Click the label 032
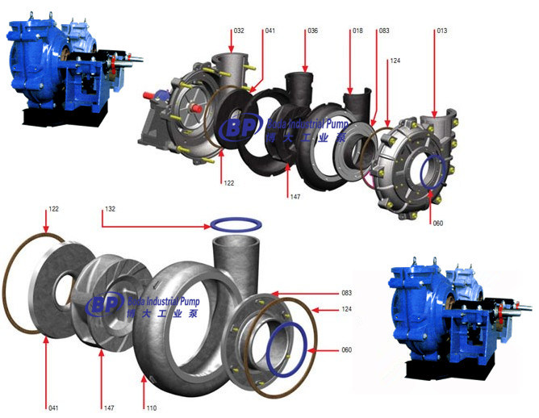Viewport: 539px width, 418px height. click(x=238, y=31)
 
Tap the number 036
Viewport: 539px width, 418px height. click(x=312, y=31)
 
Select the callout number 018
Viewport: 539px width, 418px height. click(x=357, y=31)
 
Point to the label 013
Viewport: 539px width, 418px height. click(x=441, y=31)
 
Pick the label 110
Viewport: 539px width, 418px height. click(x=149, y=407)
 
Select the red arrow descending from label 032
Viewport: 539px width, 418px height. click(x=233, y=52)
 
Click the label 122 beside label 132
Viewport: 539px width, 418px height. click(x=53, y=209)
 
